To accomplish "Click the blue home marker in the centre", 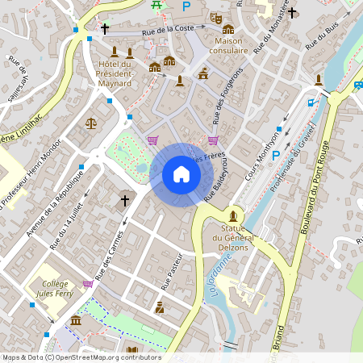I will (x=181, y=174).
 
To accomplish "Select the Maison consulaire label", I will (x=230, y=46).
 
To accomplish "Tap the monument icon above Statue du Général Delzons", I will (x=234, y=216).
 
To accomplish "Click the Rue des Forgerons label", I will (x=227, y=96).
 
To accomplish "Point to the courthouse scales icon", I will (x=90, y=123).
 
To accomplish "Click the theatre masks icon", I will (x=215, y=17).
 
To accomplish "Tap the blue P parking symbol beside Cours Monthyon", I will (x=275, y=155).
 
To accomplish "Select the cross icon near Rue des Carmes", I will (x=125, y=199).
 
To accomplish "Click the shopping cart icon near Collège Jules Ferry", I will (x=88, y=284).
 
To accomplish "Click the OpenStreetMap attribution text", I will (x=81, y=357).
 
